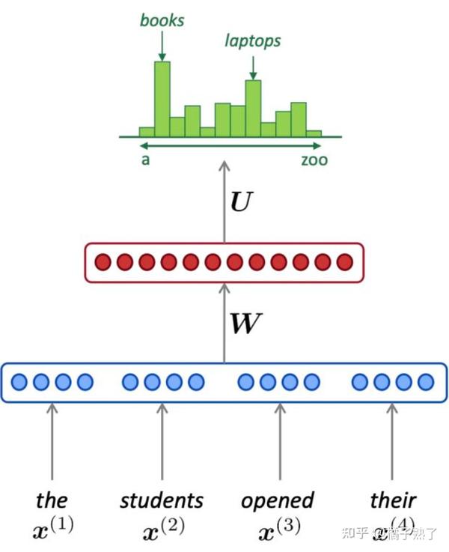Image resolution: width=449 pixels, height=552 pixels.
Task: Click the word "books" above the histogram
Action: click(162, 19)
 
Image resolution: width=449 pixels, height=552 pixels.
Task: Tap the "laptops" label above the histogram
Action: click(253, 40)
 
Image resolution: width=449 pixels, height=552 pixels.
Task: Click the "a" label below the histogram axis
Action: click(144, 160)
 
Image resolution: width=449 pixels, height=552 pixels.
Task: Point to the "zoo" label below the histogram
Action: click(314, 160)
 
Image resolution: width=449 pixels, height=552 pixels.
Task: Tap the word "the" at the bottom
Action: click(52, 500)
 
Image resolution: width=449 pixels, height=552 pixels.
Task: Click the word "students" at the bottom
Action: click(162, 500)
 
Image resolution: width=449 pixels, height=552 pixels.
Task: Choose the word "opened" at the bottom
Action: click(278, 500)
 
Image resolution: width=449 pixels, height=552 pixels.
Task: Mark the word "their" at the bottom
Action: click(393, 500)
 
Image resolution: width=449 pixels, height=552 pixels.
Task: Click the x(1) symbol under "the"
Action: click(53, 529)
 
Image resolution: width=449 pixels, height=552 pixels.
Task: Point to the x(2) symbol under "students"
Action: click(162, 529)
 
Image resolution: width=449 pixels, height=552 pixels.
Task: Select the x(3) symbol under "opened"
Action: click(278, 529)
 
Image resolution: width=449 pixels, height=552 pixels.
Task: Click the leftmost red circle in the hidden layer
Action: click(103, 262)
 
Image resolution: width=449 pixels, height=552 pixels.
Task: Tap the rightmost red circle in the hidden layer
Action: click(345, 262)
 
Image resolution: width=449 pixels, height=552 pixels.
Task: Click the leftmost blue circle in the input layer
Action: click(19, 383)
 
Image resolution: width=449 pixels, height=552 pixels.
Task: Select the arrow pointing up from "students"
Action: click(162, 442)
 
